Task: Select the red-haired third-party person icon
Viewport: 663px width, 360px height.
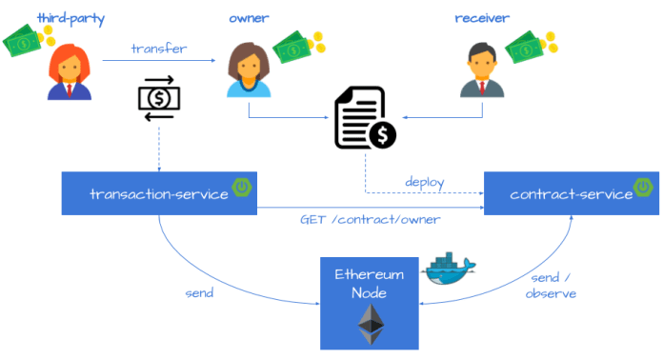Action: [x=70, y=73]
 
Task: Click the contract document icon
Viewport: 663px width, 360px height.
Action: [x=363, y=120]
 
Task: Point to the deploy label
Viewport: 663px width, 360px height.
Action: [x=425, y=181]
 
